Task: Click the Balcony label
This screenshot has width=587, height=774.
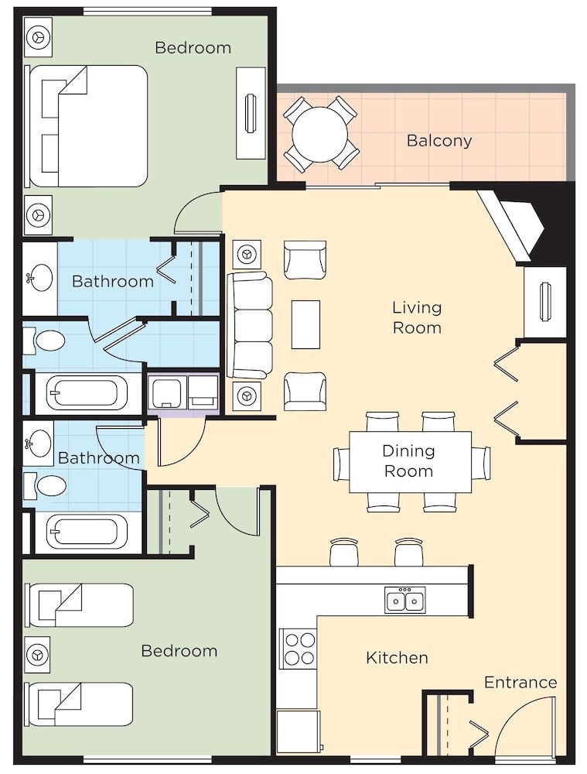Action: [x=439, y=141]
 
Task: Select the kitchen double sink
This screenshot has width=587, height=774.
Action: [x=404, y=600]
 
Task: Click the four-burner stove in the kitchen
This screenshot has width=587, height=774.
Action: [x=299, y=649]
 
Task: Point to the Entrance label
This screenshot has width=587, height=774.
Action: [x=520, y=682]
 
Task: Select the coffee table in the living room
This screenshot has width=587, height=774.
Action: [x=305, y=324]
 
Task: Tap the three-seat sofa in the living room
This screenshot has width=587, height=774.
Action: [x=250, y=324]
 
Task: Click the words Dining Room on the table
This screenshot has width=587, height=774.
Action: [x=408, y=461]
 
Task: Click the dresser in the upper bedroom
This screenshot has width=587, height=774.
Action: [x=251, y=113]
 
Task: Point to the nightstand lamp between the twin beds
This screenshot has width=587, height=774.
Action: [x=36, y=655]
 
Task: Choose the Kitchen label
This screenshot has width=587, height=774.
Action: [x=397, y=658]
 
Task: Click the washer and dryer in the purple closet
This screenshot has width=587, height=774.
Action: [x=184, y=392]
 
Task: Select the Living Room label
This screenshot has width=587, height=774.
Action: [x=417, y=317]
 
